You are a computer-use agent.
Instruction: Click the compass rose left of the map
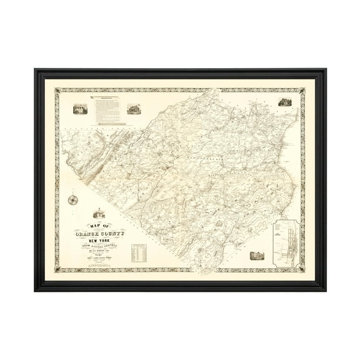click(x=72, y=201)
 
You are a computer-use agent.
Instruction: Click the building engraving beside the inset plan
click(x=254, y=256)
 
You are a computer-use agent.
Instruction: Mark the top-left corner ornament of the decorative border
click(x=57, y=90)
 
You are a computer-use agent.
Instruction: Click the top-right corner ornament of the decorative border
click(x=303, y=90)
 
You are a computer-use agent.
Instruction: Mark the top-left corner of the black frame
click(x=35, y=69)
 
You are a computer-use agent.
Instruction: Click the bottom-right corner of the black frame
click(x=326, y=291)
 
